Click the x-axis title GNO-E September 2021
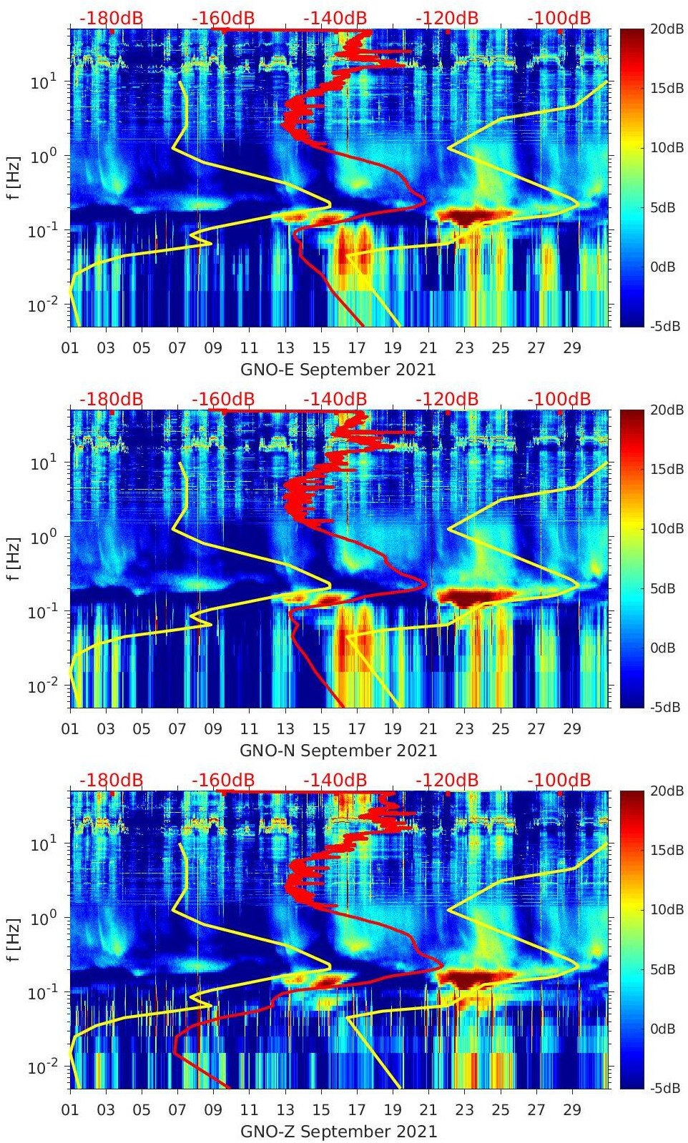coord(338,370)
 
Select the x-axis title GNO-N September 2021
coord(338,751)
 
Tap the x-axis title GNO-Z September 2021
coord(338,1132)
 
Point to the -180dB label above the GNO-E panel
coord(111,18)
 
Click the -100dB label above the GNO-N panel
coord(559,399)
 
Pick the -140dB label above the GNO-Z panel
coord(335,780)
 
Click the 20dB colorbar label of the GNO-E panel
coord(665,29)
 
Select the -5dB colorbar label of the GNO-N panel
coord(665,707)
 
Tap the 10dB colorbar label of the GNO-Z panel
coord(665,909)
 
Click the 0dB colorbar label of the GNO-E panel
coord(665,267)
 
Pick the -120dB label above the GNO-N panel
coord(447,399)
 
